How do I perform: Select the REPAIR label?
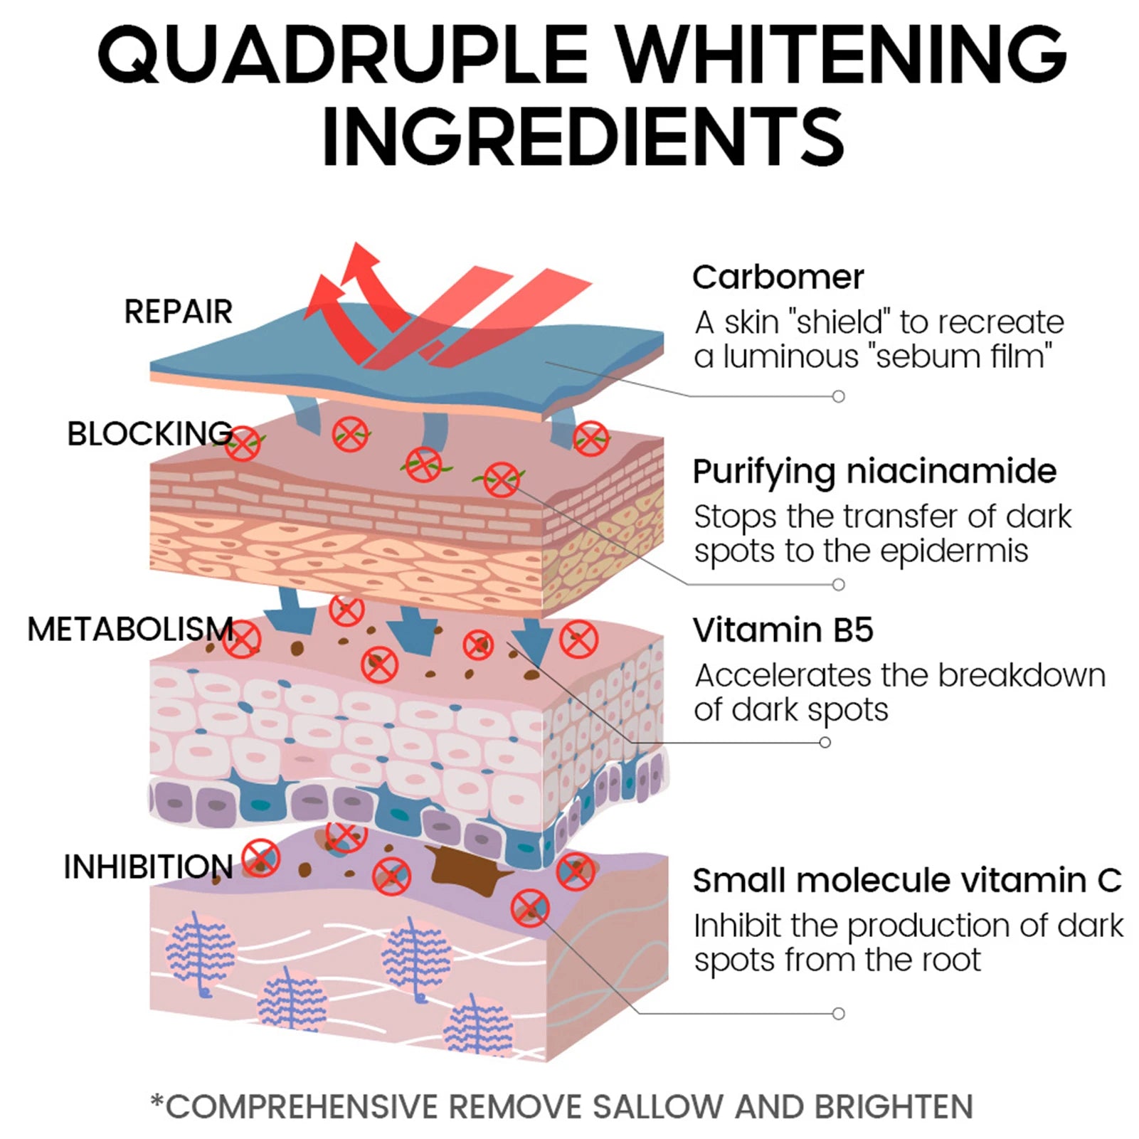(x=179, y=312)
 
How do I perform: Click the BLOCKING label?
(x=149, y=433)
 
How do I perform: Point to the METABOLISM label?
(x=130, y=629)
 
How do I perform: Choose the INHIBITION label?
(x=148, y=867)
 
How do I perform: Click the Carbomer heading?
(x=778, y=277)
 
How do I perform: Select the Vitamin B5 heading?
(x=783, y=630)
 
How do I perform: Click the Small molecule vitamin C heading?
(x=908, y=880)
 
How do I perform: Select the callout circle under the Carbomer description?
(x=839, y=396)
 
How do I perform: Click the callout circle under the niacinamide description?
(x=839, y=584)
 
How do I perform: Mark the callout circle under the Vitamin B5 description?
(x=825, y=742)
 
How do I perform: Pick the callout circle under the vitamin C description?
(x=839, y=1013)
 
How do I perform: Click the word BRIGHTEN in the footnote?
(x=894, y=1106)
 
